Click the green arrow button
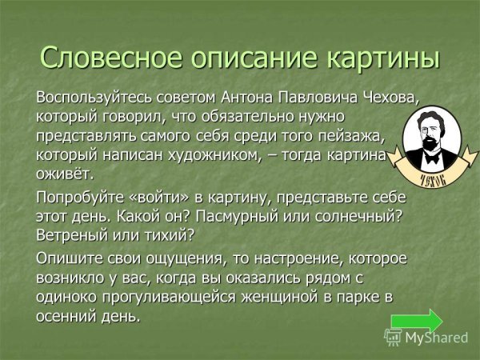tap(416, 321)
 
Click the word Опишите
tap(68, 260)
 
